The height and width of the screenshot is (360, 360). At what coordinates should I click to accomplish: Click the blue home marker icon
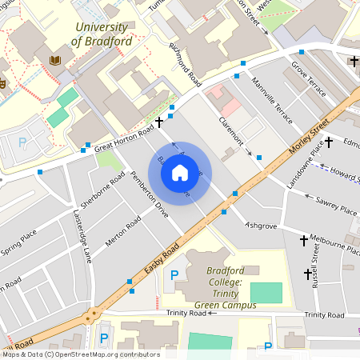coord(180,173)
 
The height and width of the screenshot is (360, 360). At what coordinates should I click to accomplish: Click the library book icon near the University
coord(55,61)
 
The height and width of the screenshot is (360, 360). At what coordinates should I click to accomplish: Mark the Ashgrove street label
coord(261,226)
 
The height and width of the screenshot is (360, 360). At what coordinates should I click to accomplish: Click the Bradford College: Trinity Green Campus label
coord(230,288)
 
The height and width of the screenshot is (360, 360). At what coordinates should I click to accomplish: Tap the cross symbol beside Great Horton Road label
coord(160,122)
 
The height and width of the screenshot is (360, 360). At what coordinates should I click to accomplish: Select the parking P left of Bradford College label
coord(174,275)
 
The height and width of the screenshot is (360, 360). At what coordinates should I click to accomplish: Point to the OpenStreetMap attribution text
coord(80,354)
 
